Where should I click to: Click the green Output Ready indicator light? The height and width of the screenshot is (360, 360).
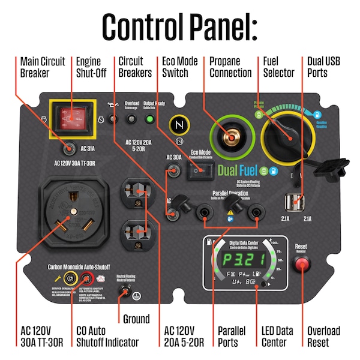pyautogui.click(x=149, y=119)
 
